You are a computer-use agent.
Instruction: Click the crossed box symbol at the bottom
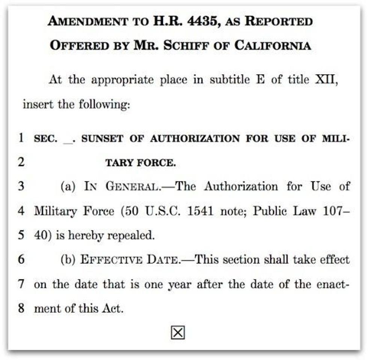pos(178,332)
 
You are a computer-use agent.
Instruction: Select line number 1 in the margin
pos(21,138)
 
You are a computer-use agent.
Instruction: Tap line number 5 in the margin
pos(21,235)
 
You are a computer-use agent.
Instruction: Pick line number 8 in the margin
pos(21,308)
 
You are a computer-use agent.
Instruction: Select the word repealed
pos(131,235)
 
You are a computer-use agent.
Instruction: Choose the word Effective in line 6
pos(111,259)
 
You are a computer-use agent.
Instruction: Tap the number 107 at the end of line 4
pos(334,211)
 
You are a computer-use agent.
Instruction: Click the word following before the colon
pos(104,104)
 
